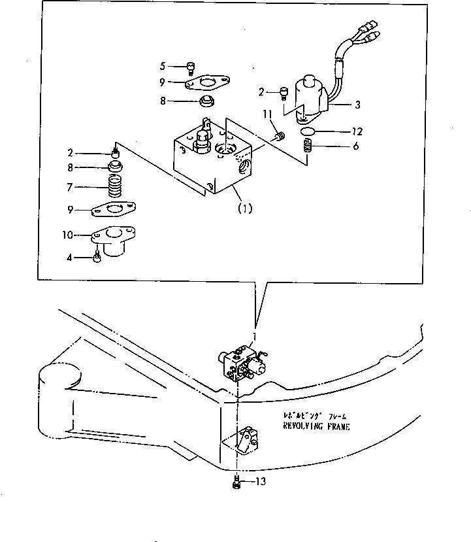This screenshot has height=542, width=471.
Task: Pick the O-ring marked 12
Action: click(309, 132)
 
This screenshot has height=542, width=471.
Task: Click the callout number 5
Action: click(163, 65)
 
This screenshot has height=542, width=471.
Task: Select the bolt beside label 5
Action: click(189, 65)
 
